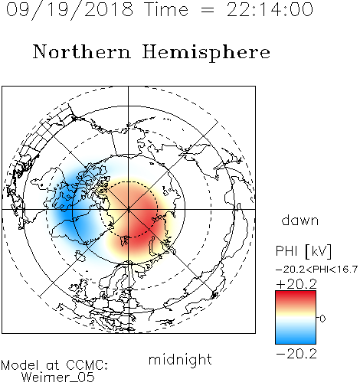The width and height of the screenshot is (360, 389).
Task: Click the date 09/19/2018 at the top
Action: pos(70,10)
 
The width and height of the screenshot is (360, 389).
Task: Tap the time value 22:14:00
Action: pos(270,10)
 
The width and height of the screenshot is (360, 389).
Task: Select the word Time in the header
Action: pos(166,10)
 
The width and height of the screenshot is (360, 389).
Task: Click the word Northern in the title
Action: pos(81,51)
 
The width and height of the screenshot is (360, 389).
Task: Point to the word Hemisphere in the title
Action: pos(206,53)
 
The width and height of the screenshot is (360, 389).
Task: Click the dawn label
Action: pos(300,220)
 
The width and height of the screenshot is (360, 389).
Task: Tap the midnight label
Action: pos(180,359)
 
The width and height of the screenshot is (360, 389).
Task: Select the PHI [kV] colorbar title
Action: pos(303,251)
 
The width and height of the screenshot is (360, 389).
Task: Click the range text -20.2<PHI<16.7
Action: pos(317,270)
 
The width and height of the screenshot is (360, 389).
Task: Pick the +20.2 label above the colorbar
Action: pos(296,284)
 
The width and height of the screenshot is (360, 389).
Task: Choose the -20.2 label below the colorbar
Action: pos(296,354)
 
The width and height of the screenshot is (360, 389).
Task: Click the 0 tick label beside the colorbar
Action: pos(322,319)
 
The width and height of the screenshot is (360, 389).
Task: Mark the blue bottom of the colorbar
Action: pos(296,339)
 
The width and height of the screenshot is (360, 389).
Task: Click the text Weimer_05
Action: pos(58,377)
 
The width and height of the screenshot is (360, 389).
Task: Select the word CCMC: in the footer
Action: pos(87,365)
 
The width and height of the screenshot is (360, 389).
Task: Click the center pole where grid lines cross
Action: pos(129,210)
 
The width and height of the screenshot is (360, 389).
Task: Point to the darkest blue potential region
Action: pos(67,212)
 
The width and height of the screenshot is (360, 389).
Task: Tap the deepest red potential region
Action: pos(140,224)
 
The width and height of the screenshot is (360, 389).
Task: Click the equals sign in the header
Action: pos(208,10)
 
